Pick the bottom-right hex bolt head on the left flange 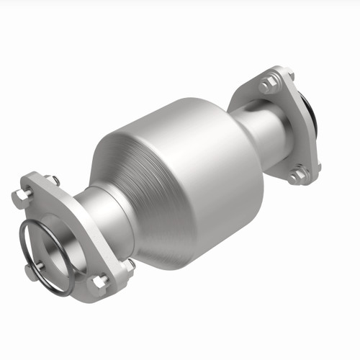100,280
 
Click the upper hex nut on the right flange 269,86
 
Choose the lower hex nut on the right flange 295,175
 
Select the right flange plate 288,122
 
